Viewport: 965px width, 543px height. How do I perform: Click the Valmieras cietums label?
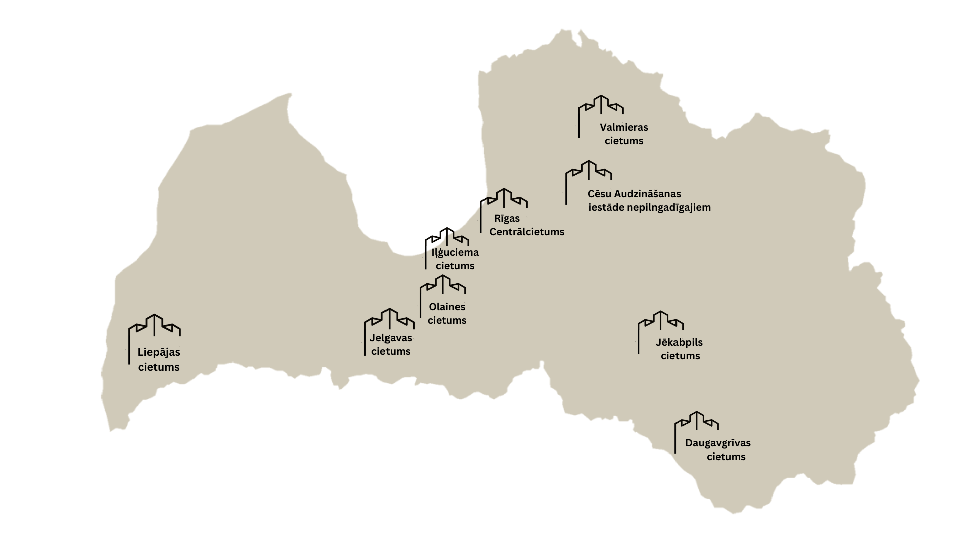[624, 134]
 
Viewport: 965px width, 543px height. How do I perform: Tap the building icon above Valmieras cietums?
[601, 106]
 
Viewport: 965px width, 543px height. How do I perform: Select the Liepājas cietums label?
[159, 359]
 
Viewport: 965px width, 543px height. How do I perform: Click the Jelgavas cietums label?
[391, 345]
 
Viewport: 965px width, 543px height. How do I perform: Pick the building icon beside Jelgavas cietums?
[389, 320]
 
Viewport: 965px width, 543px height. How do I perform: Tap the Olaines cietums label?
[447, 313]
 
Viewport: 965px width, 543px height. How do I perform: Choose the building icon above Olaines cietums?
[443, 285]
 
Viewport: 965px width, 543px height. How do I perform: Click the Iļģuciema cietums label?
[455, 259]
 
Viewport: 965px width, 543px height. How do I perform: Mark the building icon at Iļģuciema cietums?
[447, 237]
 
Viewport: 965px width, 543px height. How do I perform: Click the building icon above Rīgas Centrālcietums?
[504, 199]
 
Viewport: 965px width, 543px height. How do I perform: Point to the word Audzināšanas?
[647, 194]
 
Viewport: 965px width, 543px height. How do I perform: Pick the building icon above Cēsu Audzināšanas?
[589, 171]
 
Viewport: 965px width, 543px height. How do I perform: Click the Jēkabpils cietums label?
[680, 349]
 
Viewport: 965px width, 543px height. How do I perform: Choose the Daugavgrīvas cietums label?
[718, 449]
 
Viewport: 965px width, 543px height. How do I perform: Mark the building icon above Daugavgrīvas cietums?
[696, 421]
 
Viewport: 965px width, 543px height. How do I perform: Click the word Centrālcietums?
[527, 232]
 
